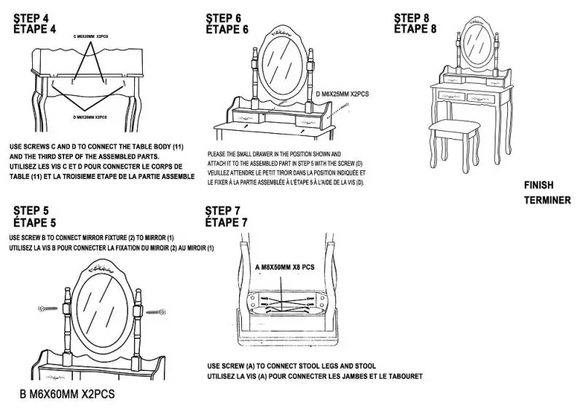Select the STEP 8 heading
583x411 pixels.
point(415,17)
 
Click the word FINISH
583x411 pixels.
point(539,185)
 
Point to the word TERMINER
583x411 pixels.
point(547,200)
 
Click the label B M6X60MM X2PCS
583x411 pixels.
point(66,394)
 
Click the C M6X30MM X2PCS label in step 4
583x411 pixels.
point(90,36)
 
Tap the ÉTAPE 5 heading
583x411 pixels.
point(35,222)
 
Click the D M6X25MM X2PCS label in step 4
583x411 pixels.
point(90,117)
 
